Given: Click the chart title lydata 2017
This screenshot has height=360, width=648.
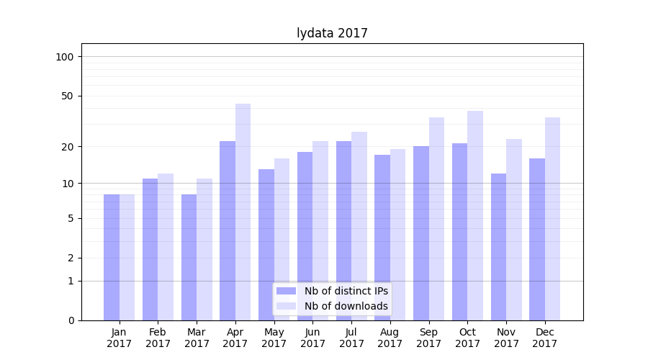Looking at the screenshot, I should point(332,33).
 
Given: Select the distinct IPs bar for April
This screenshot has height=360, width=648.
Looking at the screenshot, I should point(228,230).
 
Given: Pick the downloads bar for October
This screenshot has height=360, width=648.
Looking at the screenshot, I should point(475,215).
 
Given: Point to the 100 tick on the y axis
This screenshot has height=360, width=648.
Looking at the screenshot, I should point(65,57).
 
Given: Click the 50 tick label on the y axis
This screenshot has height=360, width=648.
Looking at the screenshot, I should point(67,96).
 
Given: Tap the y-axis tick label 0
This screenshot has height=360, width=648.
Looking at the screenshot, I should point(71,320).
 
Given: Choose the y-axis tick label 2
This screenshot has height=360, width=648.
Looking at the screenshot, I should point(71,258).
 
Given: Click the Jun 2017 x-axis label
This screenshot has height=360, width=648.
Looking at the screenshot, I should point(312,338).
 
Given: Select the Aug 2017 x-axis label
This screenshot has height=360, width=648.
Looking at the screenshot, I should point(390,338).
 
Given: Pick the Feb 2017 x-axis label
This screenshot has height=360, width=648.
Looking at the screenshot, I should point(158,338).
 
